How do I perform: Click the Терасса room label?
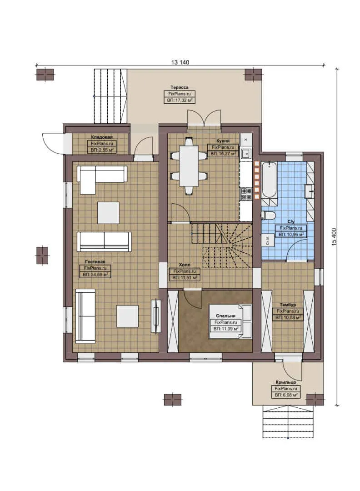tap(179, 87)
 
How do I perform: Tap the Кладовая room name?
tap(101, 137)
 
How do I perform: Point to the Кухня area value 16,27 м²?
tap(223, 154)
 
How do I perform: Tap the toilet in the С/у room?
tap(268, 214)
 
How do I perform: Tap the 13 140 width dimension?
tap(180, 62)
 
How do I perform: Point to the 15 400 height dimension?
tap(334, 237)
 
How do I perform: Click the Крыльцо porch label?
tap(285, 382)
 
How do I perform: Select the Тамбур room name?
tap(287, 304)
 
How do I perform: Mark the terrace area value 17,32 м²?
tap(179, 100)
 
